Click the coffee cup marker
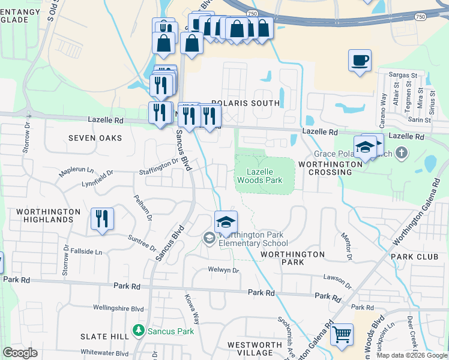pos(360,61)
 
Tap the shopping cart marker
pos(342,335)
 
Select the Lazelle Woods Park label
pos(259,175)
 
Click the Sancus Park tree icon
pos(139,331)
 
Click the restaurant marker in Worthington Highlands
pos(102,219)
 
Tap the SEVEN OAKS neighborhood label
pos(95,138)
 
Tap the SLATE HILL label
pos(104,337)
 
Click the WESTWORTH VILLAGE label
pos(255,349)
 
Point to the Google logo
pos(20,353)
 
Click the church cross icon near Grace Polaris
pos(402,154)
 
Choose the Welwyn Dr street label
pos(223,270)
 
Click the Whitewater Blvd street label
pos(105,353)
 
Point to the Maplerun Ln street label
pos(76,172)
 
